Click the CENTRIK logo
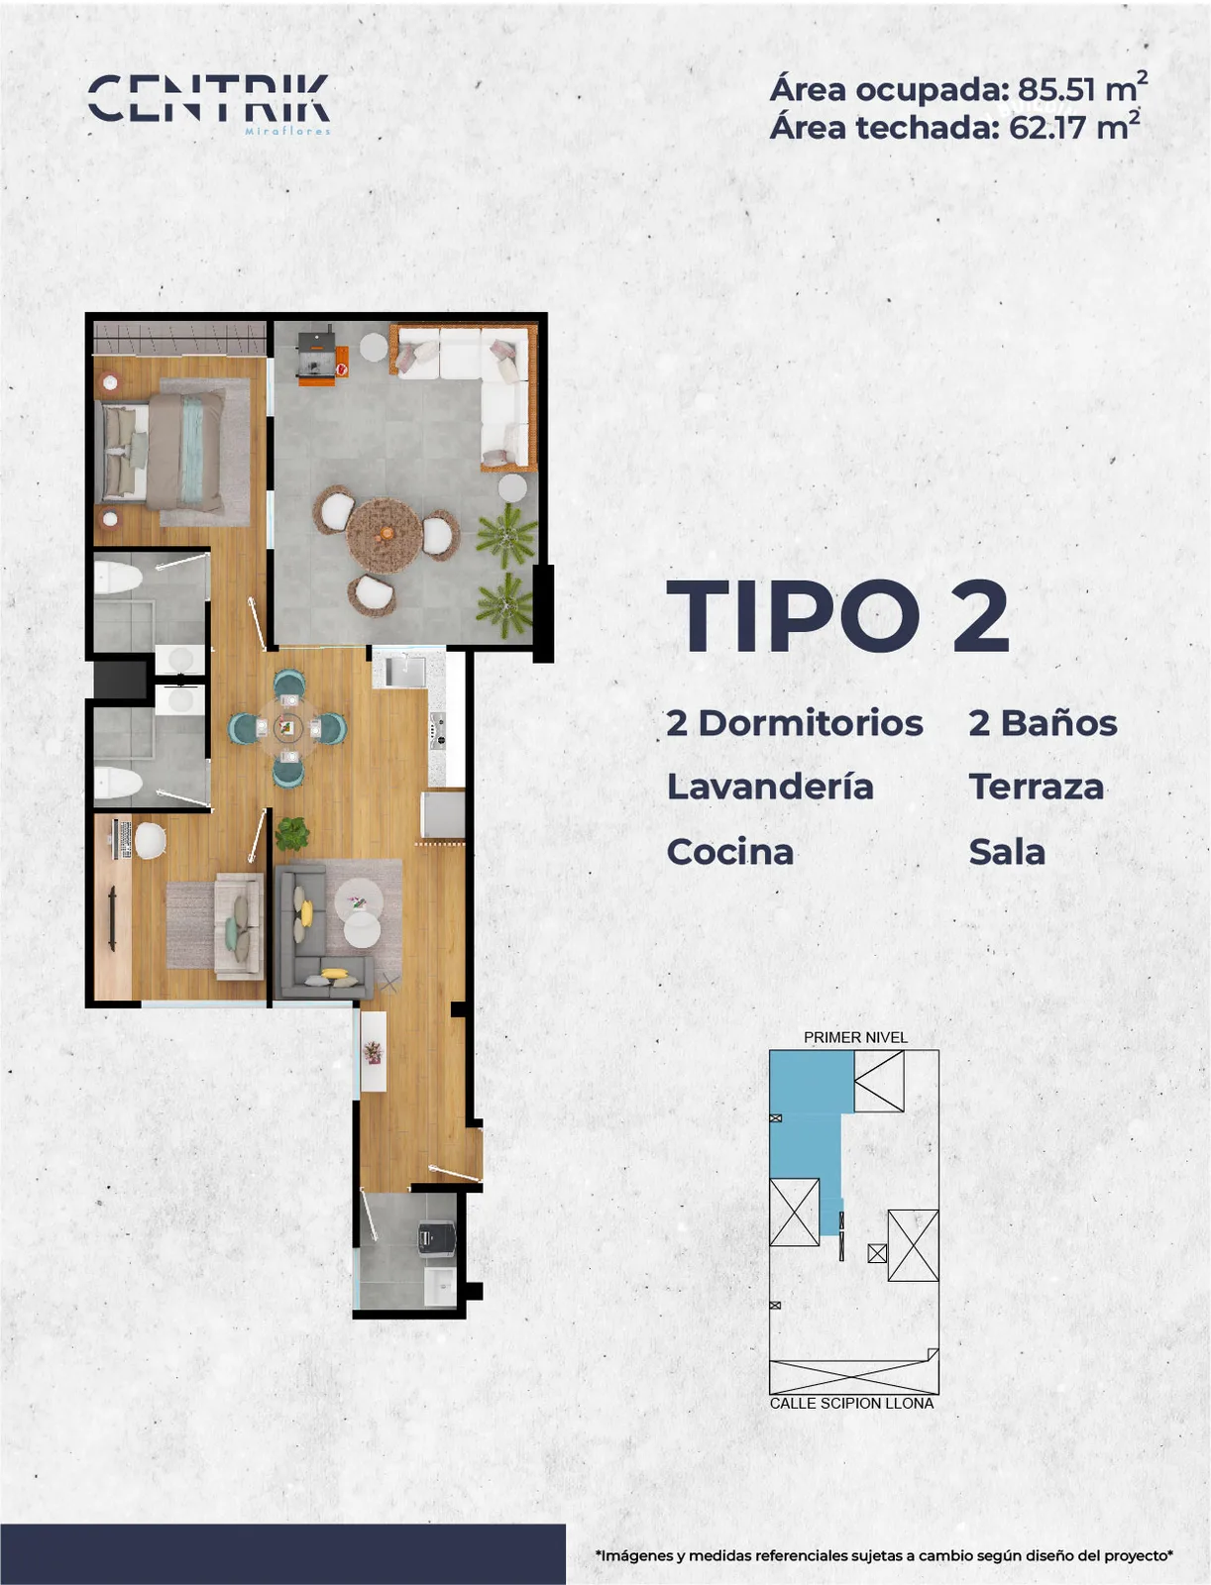click(209, 103)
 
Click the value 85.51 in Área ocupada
click(1057, 90)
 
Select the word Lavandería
click(770, 786)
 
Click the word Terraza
click(1037, 787)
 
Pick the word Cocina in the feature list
click(729, 851)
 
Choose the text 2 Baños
click(1043, 722)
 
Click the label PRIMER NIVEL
click(855, 1037)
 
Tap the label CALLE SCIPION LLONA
click(851, 1403)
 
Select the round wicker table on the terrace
click(384, 535)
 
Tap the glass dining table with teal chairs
click(288, 727)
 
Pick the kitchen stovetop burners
click(438, 729)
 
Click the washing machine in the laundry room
click(436, 1237)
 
